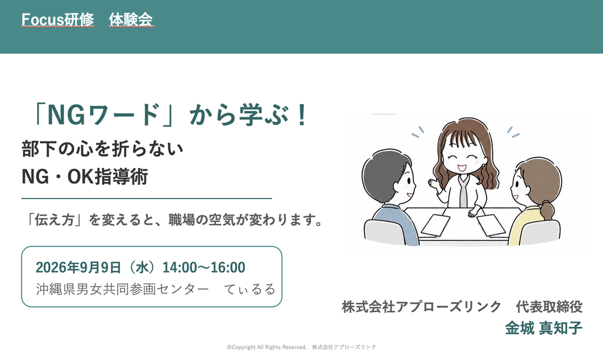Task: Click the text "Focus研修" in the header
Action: (x=58, y=19)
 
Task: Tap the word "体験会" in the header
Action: (x=131, y=19)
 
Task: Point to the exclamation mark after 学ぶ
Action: (x=301, y=115)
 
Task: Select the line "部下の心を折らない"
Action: (x=102, y=149)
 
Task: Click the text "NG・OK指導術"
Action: (x=85, y=177)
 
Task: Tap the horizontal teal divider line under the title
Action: (x=147, y=199)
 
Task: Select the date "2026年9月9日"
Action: (x=78, y=267)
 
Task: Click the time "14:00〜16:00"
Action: (x=204, y=267)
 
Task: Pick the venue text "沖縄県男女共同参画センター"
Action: (x=122, y=289)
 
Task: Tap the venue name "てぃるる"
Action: (x=250, y=289)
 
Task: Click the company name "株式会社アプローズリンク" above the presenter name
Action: (x=422, y=307)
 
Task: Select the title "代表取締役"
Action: (x=549, y=307)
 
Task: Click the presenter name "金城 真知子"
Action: (x=544, y=328)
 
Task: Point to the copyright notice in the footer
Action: (x=301, y=347)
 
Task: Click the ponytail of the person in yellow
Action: (x=546, y=209)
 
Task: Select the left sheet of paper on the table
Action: (x=435, y=225)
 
